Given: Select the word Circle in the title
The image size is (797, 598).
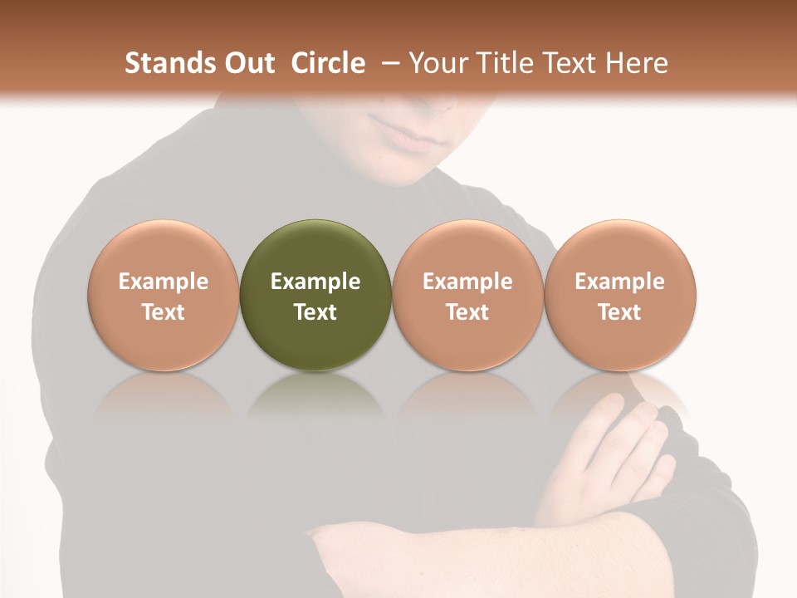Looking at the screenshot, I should [328, 63].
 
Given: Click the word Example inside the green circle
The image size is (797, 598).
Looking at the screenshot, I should [315, 282].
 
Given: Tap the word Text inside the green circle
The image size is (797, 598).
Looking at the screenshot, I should [315, 312].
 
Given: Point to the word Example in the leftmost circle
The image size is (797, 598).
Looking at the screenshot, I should [164, 282].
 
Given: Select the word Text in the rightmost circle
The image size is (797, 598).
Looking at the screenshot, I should [619, 312].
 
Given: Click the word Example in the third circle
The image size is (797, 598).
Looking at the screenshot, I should [467, 282].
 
